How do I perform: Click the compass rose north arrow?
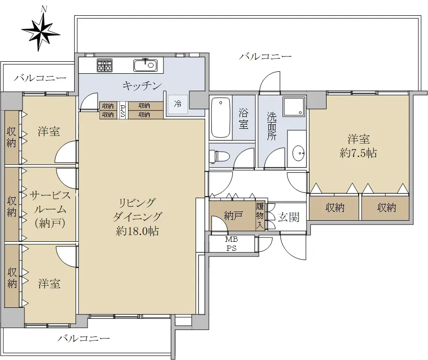tap(41, 30)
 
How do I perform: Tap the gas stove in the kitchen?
tap(105, 65)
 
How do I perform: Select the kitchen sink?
tap(145, 65)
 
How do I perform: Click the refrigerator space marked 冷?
tap(178, 104)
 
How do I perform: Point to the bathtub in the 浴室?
tap(221, 118)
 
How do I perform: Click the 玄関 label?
tap(289, 217)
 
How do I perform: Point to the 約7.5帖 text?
tap(358, 153)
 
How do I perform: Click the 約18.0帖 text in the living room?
tap(137, 231)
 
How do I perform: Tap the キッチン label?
tap(142, 86)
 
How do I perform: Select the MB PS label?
tap(231, 244)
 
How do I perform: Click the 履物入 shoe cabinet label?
tap(260, 216)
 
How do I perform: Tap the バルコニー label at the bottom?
tap(84, 338)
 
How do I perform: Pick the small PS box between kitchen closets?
tap(123, 110)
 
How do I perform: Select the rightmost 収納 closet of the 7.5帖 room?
tap(386, 208)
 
